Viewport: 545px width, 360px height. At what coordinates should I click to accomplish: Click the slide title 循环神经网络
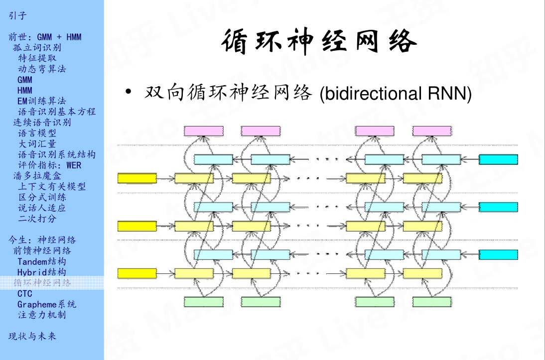(319, 41)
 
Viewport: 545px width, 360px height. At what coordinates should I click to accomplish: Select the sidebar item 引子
(17, 16)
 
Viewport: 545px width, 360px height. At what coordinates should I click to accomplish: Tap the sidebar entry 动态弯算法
(42, 69)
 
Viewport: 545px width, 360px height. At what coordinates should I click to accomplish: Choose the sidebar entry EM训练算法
(41, 101)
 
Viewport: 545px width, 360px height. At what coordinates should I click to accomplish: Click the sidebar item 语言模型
(37, 133)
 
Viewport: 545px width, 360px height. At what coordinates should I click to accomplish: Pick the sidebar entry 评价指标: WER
(49, 165)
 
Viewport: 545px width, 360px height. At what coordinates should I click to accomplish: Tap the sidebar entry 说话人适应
(42, 208)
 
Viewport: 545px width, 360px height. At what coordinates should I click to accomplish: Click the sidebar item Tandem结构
(41, 261)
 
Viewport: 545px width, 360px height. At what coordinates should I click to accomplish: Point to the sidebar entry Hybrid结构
(41, 272)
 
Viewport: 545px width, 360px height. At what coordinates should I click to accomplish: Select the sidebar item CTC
(24, 294)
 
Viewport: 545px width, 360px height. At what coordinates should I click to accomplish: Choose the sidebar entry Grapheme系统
(47, 304)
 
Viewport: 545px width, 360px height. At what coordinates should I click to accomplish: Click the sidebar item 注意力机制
(42, 315)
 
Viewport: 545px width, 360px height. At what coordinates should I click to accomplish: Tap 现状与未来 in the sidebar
(32, 336)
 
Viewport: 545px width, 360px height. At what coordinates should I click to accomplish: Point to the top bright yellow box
(137, 178)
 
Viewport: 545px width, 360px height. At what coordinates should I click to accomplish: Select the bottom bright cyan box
(498, 255)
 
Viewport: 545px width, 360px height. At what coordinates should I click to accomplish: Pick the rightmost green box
(432, 302)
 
